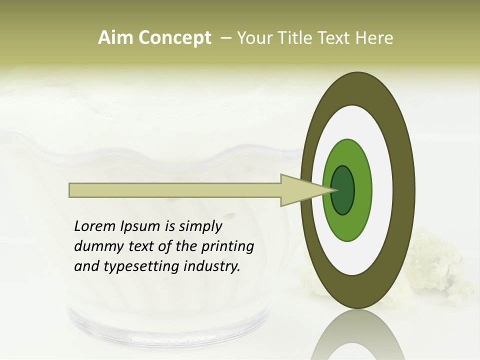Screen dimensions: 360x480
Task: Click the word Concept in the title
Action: tap(174, 38)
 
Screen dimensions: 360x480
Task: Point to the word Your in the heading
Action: tap(254, 38)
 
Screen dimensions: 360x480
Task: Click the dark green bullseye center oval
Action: tap(342, 190)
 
